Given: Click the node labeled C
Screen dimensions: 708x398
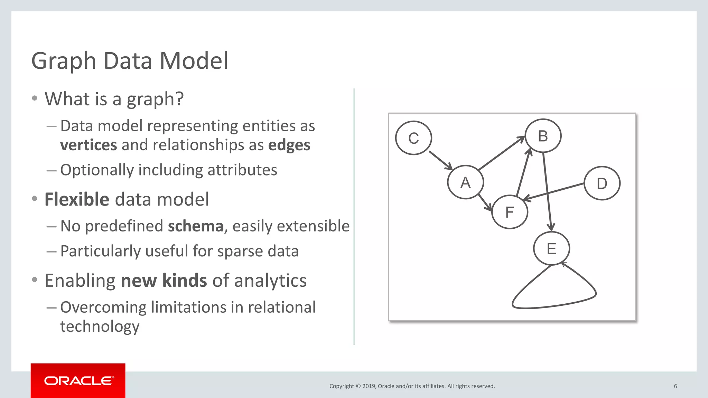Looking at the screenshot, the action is [x=413, y=138].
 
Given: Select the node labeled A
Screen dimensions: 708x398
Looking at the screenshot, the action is [x=465, y=182].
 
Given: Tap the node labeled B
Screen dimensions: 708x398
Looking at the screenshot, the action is [x=543, y=136].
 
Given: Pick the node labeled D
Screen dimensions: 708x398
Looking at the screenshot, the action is [x=602, y=183].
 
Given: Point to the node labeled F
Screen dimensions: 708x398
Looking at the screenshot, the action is [x=510, y=212].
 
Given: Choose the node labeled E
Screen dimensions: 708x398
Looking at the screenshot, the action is [x=551, y=248].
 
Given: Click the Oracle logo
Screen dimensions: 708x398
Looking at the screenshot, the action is [x=78, y=381].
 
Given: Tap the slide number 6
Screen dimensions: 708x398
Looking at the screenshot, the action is [x=675, y=386].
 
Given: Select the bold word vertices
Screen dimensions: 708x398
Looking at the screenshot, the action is [x=88, y=145].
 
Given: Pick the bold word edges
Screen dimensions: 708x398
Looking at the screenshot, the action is [x=289, y=145].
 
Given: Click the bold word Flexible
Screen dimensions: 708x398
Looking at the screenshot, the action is [x=77, y=200].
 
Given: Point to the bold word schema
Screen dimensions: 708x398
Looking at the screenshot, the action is [x=196, y=226].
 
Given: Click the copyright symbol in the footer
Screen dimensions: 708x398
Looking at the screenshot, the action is [x=358, y=386].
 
